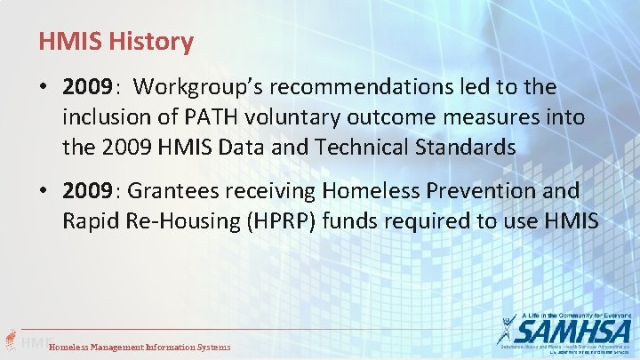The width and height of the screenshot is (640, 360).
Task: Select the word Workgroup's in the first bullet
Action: coord(196,87)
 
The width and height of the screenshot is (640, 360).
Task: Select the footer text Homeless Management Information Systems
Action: coord(140,347)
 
